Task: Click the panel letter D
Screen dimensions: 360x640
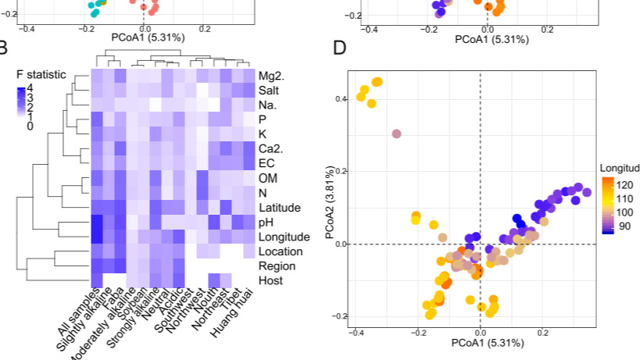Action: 340,48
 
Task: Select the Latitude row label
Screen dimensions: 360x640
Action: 279,207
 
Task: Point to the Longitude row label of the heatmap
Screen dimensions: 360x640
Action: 283,237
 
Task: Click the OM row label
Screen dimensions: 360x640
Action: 268,178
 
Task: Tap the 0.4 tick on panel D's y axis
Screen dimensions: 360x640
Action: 339,99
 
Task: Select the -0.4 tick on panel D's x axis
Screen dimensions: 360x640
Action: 356,333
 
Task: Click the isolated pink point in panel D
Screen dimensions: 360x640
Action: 396,134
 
